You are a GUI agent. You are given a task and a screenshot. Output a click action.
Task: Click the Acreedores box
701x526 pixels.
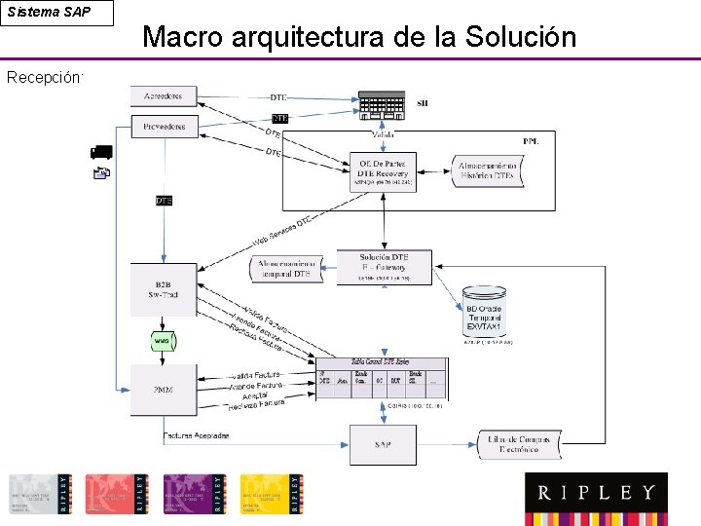165,96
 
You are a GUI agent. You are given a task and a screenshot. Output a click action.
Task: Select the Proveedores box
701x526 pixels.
165,126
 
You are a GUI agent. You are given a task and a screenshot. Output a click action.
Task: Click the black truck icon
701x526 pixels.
101,152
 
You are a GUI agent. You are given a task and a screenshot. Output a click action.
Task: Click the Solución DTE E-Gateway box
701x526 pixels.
384,265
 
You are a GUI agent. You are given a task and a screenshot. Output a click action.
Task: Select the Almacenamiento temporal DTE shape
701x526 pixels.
289,269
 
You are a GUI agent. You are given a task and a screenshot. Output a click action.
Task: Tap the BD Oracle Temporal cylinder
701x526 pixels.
484,314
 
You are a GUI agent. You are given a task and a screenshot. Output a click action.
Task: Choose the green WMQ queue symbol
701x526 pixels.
162,341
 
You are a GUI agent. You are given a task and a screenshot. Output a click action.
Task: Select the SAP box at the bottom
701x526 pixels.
383,444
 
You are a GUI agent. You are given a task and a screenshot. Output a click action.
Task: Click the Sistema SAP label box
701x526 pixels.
56,13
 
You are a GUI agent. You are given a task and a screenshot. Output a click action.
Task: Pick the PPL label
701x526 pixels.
531,142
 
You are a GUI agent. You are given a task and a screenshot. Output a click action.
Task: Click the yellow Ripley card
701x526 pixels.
272,494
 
